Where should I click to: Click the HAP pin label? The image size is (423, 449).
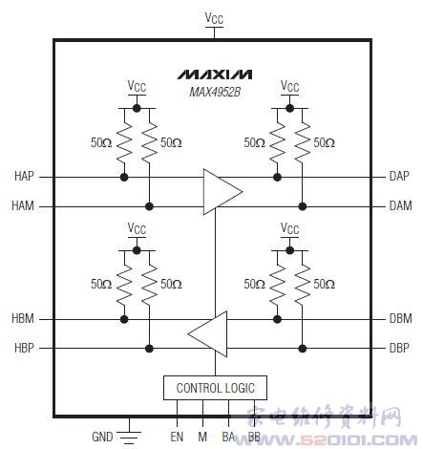pyautogui.click(x=24, y=176)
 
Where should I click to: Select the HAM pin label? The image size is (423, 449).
pyautogui.click(x=23, y=205)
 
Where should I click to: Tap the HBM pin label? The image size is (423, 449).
pyautogui.click(x=23, y=318)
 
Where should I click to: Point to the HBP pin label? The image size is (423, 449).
pyautogui.click(x=24, y=348)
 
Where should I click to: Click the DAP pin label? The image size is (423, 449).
pyautogui.click(x=399, y=176)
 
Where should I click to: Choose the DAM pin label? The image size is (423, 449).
pyautogui.click(x=401, y=205)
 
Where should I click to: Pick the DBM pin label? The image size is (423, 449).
pyautogui.click(x=401, y=318)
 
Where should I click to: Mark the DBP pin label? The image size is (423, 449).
pyautogui.click(x=399, y=348)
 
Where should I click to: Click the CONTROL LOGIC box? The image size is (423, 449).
pyautogui.click(x=215, y=388)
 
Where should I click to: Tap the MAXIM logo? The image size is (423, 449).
pyautogui.click(x=215, y=75)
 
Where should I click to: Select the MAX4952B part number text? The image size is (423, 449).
pyautogui.click(x=215, y=93)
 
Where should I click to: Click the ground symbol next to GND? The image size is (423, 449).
pyautogui.click(x=129, y=437)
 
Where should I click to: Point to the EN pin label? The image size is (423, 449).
pyautogui.click(x=177, y=437)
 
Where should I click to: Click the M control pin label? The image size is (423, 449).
pyautogui.click(x=202, y=437)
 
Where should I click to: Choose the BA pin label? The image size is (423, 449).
pyautogui.click(x=228, y=437)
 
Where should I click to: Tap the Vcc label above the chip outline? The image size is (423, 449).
pyautogui.click(x=214, y=18)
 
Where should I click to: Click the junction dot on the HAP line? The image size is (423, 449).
pyautogui.click(x=124, y=177)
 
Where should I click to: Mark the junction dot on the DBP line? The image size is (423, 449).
pyautogui.click(x=303, y=349)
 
